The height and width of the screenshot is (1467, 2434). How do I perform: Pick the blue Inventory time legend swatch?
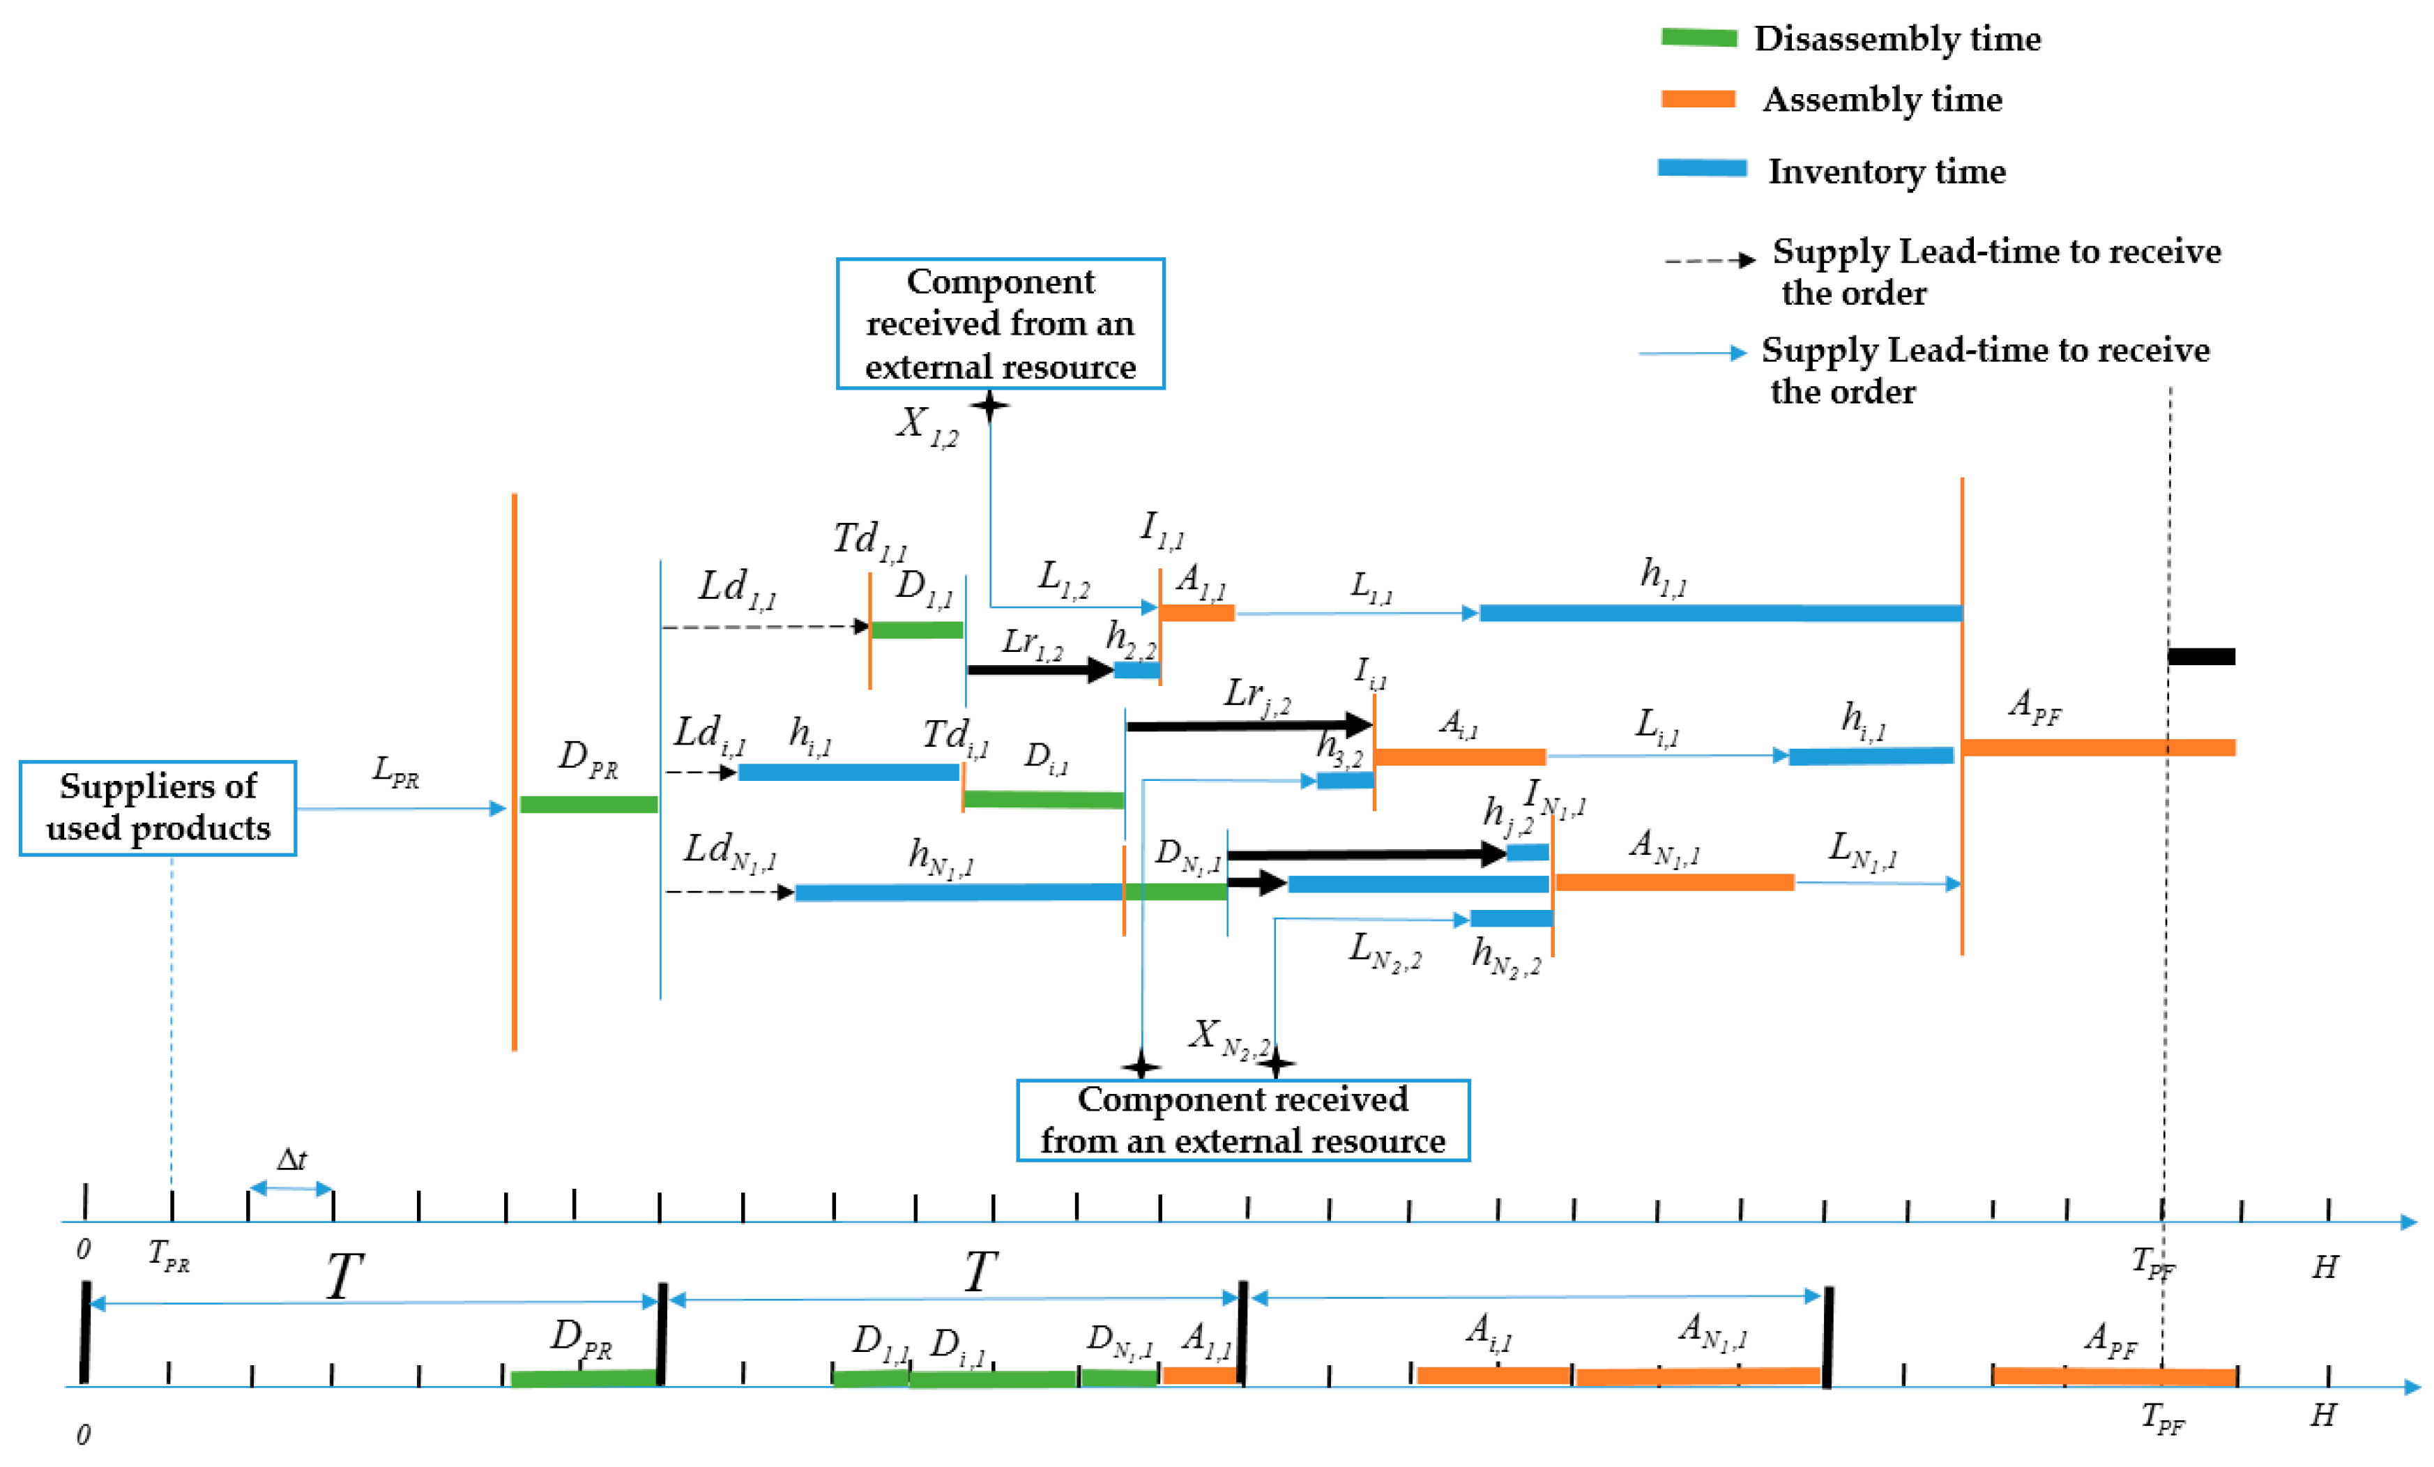point(1701,168)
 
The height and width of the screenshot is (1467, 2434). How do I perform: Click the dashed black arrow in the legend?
point(1709,261)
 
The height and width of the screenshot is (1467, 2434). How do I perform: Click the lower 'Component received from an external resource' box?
point(1242,1119)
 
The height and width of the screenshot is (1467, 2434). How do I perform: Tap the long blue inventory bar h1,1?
point(1719,614)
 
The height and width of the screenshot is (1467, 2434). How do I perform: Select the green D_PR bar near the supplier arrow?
point(588,804)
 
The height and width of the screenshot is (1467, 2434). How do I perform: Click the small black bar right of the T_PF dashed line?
point(2201,656)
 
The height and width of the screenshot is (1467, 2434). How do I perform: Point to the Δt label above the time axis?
point(291,1160)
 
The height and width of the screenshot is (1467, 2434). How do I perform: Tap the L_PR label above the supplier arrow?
point(395,770)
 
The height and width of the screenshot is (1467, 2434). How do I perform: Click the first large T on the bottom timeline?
point(344,1275)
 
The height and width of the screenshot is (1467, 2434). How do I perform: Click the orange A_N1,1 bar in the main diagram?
point(1673,882)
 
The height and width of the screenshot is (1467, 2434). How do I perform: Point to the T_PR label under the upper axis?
point(168,1254)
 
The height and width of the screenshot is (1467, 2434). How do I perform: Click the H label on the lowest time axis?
point(2323,1415)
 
